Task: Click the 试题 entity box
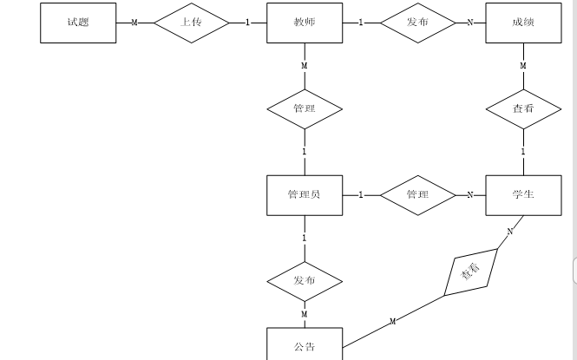point(78,22)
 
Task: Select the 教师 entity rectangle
point(304,22)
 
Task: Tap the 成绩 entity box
point(523,22)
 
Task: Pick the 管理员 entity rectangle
point(304,194)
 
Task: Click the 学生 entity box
point(523,194)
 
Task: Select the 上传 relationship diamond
point(192,22)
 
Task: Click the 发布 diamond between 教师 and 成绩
point(417,22)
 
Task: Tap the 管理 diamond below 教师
point(304,109)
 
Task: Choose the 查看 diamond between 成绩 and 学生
point(523,109)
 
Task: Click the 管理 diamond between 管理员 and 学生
point(417,194)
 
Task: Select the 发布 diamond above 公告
point(304,281)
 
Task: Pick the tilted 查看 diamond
point(471,272)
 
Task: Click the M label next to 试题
point(134,22)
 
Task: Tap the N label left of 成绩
point(470,22)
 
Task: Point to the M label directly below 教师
point(304,66)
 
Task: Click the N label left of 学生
point(470,194)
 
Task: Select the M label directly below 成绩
point(523,66)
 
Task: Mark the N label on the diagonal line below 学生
point(510,231)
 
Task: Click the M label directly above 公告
point(304,314)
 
